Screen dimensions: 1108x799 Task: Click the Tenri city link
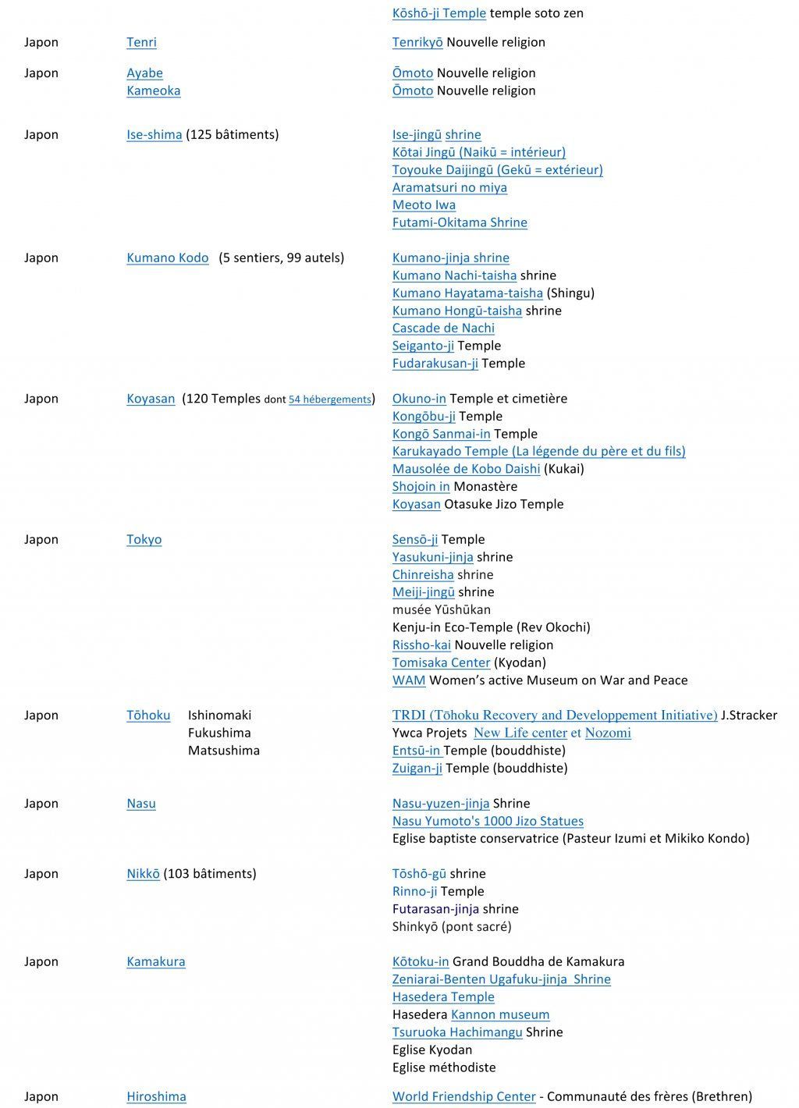coord(141,42)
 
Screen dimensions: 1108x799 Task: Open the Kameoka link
coord(153,91)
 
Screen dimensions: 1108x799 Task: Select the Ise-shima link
coord(154,134)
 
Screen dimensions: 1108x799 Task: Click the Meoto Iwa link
coord(424,204)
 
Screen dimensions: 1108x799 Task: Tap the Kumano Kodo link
coord(167,257)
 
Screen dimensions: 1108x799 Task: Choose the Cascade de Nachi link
coord(443,328)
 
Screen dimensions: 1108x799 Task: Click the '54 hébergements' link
coord(329,400)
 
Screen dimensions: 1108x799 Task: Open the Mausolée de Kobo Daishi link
coord(466,468)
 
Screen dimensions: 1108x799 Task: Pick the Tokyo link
coord(144,539)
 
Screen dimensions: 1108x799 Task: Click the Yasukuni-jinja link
coord(432,556)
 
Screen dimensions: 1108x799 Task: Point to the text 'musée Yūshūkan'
coord(441,609)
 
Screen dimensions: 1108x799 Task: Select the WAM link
coord(409,680)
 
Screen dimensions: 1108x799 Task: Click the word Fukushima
coord(219,733)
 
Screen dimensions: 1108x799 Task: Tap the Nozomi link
coord(608,733)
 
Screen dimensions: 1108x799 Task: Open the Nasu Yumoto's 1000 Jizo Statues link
coord(488,821)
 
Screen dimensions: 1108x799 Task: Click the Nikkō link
coord(143,873)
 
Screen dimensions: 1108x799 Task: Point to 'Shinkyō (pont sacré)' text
coord(452,926)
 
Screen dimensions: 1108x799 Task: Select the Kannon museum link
coord(500,1014)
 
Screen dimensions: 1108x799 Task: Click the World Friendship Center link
coord(463,1096)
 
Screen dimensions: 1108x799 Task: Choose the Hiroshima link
coord(156,1096)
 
